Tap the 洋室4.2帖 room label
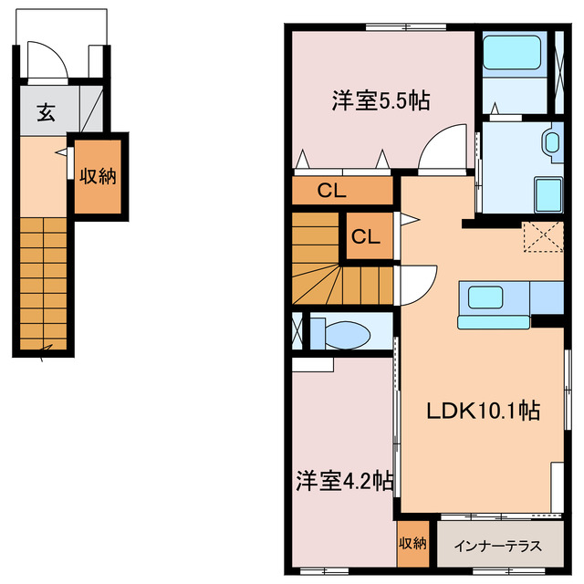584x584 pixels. coord(344,480)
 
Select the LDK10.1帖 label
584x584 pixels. coord(484,412)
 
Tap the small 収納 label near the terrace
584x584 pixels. coord(412,544)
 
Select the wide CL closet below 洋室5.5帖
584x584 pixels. coord(330,191)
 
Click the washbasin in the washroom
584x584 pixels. coord(551,141)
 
